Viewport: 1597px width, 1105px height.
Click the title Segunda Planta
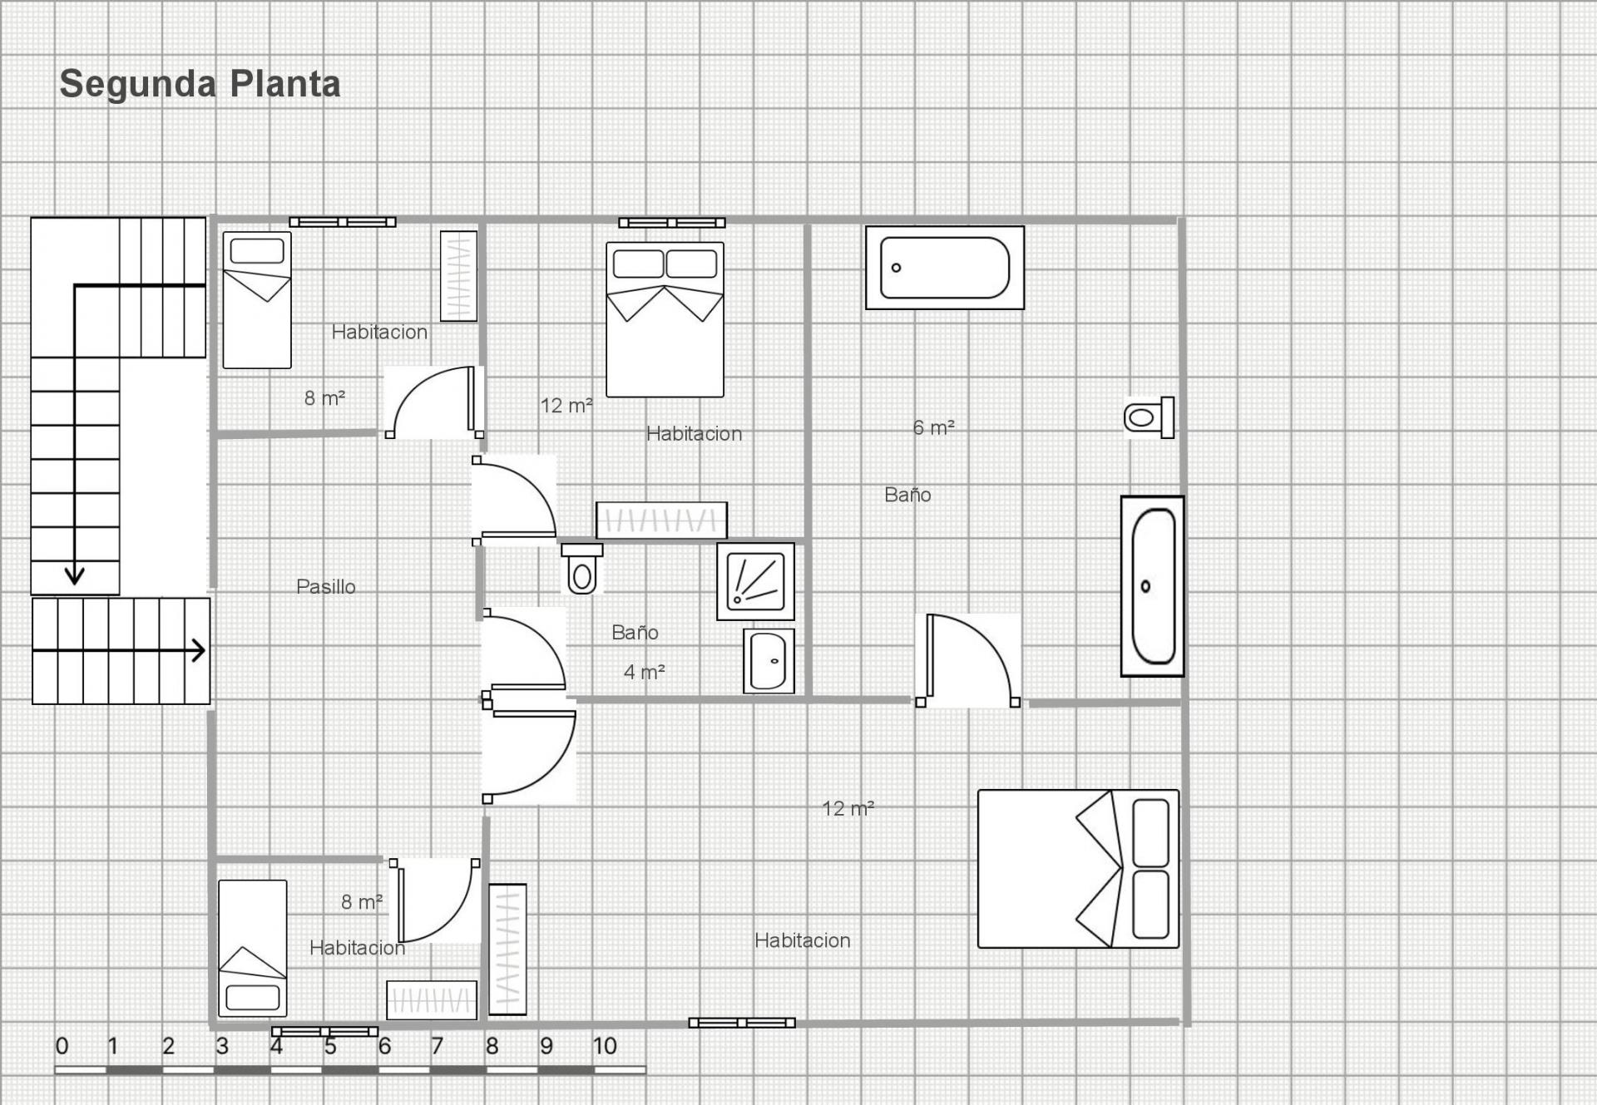pos(200,84)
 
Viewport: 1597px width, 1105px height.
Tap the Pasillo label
pos(326,587)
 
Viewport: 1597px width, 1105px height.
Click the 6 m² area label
pos(933,427)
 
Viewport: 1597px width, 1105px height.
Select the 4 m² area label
pos(645,672)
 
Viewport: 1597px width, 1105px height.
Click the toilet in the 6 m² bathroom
pos(1149,417)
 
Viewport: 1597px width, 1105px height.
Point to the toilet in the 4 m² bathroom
pos(582,569)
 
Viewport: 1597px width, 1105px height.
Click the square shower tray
pos(755,581)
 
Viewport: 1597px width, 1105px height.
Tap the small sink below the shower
pos(769,661)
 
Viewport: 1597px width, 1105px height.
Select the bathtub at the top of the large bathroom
pos(945,268)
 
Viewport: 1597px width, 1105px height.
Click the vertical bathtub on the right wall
pos(1153,586)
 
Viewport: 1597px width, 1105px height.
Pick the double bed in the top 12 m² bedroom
pos(665,319)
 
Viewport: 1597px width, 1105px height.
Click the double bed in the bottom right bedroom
pos(1078,869)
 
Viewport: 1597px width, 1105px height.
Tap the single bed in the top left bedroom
pos(257,300)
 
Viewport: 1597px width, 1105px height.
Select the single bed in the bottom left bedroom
pos(253,949)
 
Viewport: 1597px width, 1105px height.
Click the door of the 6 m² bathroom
pos(968,660)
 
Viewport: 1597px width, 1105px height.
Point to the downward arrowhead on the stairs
pos(75,575)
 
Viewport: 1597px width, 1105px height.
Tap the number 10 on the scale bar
pos(605,1046)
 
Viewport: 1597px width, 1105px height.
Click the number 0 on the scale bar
pos(62,1046)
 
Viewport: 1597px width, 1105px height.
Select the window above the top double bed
pos(672,223)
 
